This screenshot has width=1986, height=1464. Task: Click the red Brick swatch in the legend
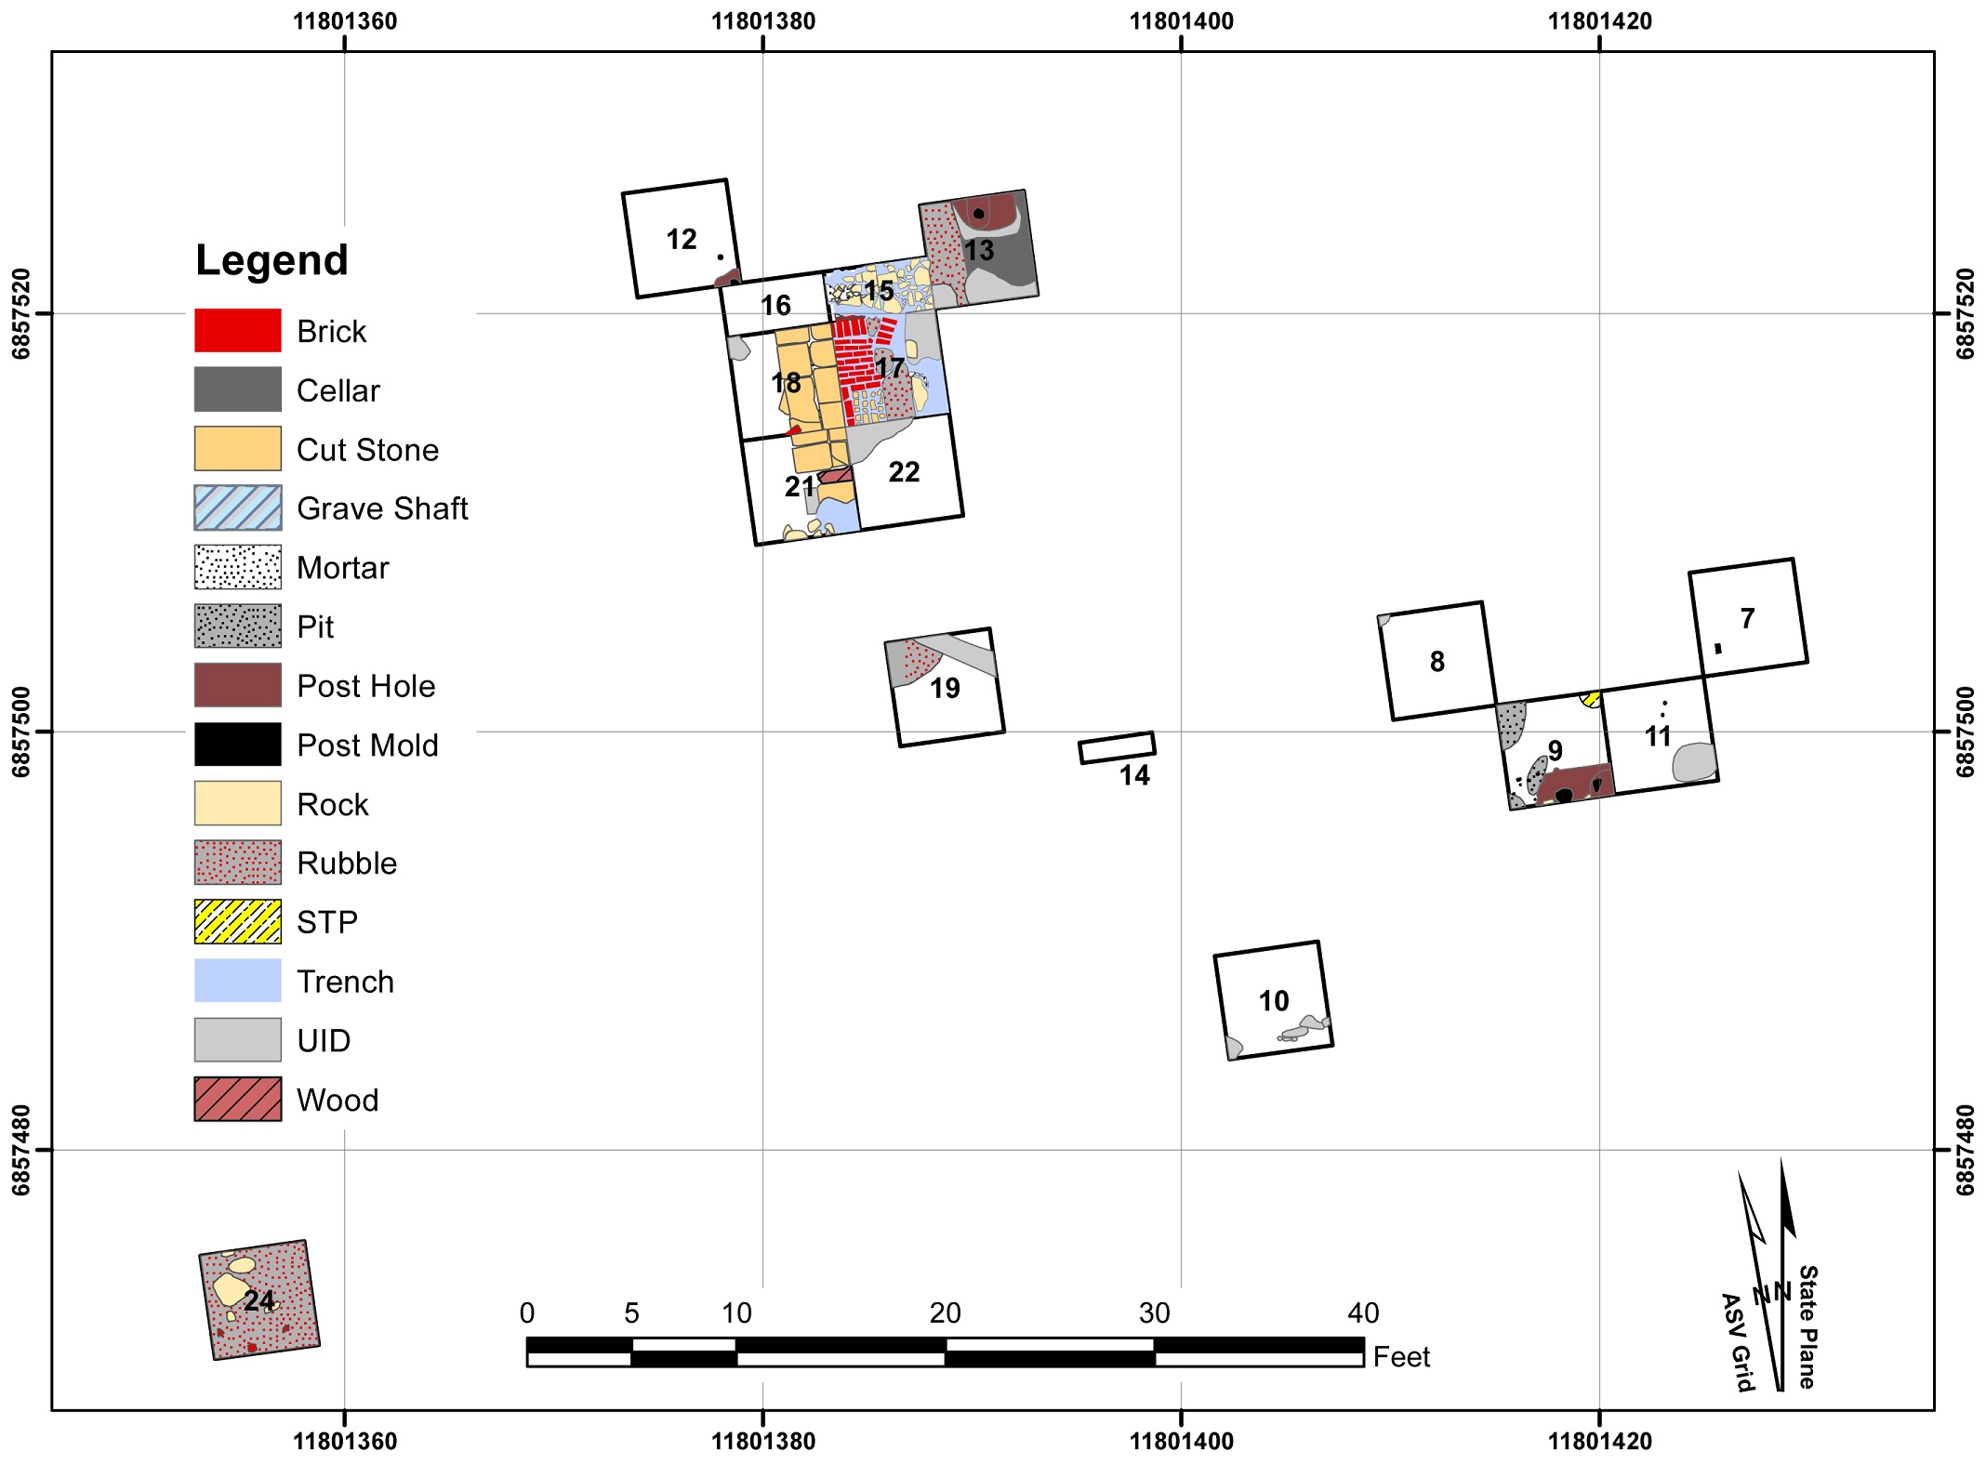click(x=237, y=331)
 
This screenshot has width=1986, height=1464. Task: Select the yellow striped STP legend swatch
click(x=237, y=922)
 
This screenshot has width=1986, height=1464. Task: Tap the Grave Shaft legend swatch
click(x=237, y=508)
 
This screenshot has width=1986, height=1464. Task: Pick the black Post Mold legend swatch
click(x=237, y=745)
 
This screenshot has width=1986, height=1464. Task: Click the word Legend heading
click(x=271, y=260)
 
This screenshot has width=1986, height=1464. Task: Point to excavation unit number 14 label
click(x=1134, y=775)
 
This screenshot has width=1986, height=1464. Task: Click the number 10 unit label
click(x=1274, y=1001)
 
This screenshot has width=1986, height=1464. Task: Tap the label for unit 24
click(x=259, y=1300)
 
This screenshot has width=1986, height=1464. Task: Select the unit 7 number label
click(x=1748, y=618)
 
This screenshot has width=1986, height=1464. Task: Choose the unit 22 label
click(x=904, y=472)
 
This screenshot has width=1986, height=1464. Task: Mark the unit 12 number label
click(x=682, y=240)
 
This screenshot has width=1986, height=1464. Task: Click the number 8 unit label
click(x=1437, y=662)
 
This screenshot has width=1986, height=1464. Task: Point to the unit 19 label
click(x=945, y=689)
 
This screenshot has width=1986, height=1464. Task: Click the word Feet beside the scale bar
click(x=1401, y=1357)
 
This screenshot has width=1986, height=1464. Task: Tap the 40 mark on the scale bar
click(x=1363, y=1313)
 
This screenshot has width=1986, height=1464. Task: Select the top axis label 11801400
click(x=1181, y=21)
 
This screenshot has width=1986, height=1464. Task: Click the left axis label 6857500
click(x=21, y=732)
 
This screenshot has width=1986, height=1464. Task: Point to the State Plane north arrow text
click(x=1807, y=1326)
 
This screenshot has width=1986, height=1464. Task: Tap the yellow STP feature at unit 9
click(x=1591, y=698)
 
